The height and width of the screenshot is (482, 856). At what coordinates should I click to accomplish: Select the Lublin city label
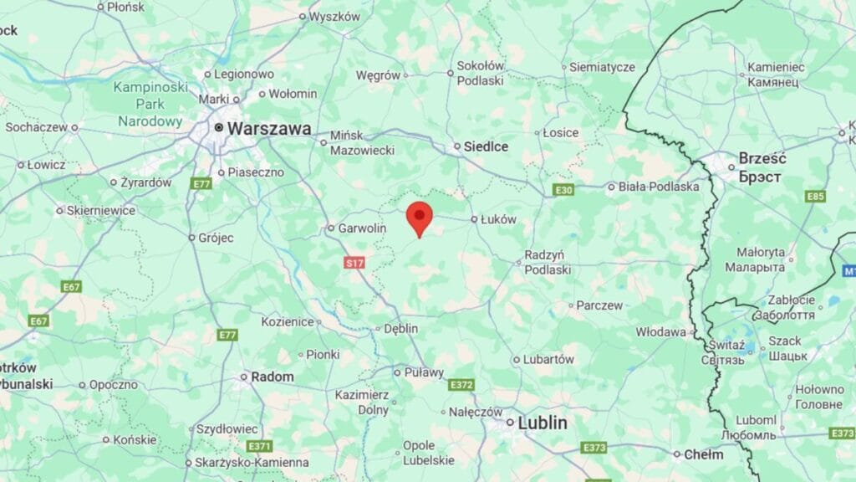542,423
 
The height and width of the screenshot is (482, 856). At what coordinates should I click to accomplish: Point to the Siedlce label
487,146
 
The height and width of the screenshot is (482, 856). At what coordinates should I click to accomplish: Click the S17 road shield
355,263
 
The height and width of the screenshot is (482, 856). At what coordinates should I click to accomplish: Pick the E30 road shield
564,191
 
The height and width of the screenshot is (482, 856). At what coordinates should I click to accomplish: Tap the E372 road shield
461,385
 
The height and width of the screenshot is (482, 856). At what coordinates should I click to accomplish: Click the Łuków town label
499,219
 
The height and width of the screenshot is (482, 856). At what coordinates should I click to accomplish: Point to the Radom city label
273,377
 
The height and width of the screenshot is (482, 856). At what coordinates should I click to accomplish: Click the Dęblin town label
400,329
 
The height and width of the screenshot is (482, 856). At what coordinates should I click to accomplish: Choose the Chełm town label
704,454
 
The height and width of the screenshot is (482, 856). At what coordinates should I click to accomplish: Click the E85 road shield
815,196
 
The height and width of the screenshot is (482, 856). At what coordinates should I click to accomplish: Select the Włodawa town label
660,331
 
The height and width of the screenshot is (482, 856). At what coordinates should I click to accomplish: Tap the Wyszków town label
334,17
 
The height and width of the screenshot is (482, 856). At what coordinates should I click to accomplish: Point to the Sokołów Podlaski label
481,73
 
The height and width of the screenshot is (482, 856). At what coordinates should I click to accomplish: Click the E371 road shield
260,446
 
